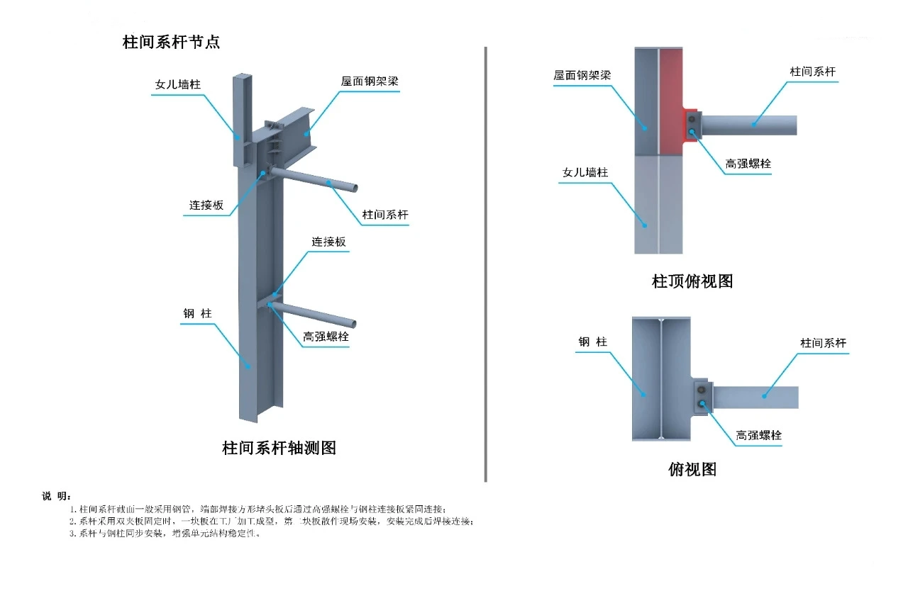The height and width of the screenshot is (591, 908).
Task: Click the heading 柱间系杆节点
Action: [x=171, y=42]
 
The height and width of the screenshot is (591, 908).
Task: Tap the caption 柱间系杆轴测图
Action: [x=279, y=448]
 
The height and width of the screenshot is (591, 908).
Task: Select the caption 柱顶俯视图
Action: [x=692, y=281]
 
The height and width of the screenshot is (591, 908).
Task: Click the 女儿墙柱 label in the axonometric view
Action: [x=178, y=84]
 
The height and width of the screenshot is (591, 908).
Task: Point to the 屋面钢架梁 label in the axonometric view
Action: [x=370, y=81]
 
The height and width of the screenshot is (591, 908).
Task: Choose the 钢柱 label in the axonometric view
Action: [x=197, y=313]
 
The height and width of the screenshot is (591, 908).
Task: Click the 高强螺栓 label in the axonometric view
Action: [x=326, y=337]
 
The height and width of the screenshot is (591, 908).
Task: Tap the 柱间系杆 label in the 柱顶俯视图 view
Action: [x=813, y=72]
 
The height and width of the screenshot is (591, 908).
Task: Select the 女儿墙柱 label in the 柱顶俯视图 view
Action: [x=585, y=172]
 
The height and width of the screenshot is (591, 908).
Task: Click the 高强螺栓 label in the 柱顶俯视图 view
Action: [x=748, y=164]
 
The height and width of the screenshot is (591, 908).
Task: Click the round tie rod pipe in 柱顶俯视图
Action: [x=752, y=125]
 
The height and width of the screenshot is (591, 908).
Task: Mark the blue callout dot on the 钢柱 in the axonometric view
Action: [x=248, y=366]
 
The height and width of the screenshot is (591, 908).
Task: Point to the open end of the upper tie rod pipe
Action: [x=353, y=188]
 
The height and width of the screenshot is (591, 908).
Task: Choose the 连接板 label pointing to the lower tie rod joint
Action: [x=329, y=242]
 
